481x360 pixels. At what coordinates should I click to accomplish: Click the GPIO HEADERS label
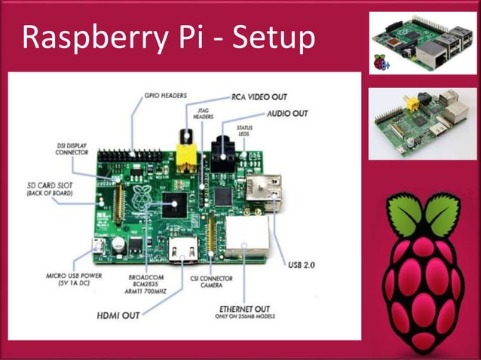(x=165, y=96)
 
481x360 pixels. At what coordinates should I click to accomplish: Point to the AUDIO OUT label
(x=286, y=114)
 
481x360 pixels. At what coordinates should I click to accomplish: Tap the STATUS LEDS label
(x=244, y=131)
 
